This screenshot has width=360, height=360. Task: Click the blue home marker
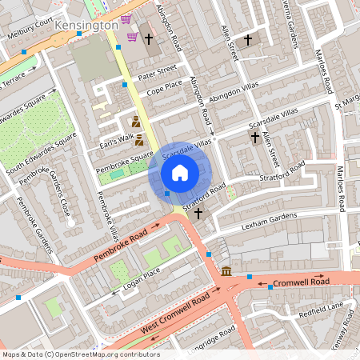point(180,172)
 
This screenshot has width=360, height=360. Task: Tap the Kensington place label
point(86,26)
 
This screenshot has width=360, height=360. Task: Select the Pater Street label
point(157,72)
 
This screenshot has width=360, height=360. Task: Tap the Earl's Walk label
point(116,139)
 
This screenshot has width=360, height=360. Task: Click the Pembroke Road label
point(121,247)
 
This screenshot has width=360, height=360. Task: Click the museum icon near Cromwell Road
point(226,271)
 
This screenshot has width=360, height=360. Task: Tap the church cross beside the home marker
point(198,214)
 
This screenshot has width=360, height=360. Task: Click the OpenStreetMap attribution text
point(80,354)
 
